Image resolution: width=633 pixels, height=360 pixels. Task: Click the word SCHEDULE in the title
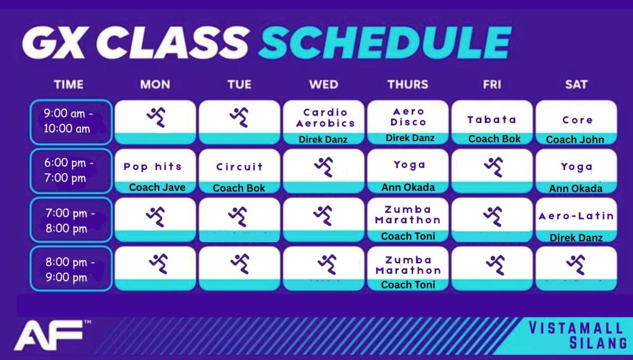[385, 43]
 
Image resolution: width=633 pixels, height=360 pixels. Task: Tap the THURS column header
[408, 84]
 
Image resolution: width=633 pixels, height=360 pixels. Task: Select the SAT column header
[576, 84]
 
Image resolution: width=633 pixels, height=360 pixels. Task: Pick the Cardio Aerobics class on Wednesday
[325, 118]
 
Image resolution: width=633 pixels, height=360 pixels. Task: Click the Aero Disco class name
[408, 117]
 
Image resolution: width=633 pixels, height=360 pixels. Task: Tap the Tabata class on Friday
[492, 120]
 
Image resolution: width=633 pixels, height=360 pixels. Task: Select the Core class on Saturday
[577, 120]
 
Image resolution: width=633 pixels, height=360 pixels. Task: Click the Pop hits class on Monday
[152, 167]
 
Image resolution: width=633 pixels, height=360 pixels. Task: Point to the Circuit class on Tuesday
[239, 167]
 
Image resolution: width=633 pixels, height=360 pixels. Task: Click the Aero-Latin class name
[576, 216]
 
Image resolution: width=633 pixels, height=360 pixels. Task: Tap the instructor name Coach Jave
[157, 187]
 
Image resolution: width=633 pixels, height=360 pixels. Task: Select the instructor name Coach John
[575, 139]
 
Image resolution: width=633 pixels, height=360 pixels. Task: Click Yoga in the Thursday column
[409, 165]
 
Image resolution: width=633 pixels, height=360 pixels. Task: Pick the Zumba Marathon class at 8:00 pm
[408, 266]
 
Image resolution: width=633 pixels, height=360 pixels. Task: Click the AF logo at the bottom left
[49, 335]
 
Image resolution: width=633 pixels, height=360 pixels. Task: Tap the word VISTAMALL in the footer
[576, 328]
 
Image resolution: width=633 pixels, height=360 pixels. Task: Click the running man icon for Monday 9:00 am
[156, 117]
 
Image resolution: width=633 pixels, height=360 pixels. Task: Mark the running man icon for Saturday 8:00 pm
[576, 264]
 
